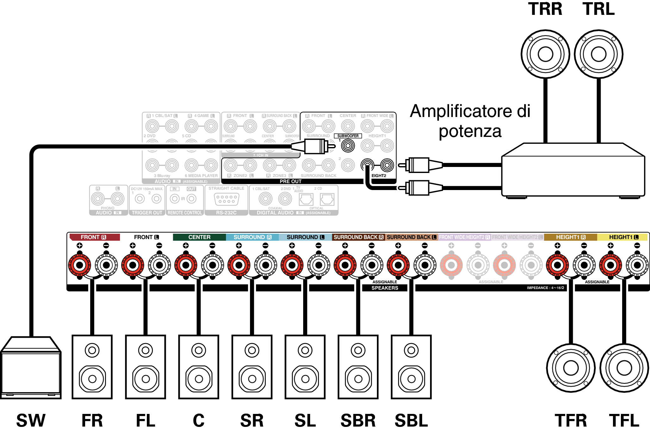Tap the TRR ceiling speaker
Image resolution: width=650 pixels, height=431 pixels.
point(545,54)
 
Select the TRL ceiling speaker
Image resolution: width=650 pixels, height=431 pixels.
point(598,54)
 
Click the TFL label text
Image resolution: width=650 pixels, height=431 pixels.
point(624,421)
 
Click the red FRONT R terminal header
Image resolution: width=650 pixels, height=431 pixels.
point(94,237)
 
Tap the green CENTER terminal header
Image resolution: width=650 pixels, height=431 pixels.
point(199,237)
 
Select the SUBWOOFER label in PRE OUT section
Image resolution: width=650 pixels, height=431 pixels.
point(348,136)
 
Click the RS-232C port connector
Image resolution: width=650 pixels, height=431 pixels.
point(226,199)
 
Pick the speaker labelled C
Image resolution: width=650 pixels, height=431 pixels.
point(199,367)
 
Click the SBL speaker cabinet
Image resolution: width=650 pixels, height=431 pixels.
point(411,367)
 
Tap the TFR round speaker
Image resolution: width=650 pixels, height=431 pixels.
point(571,368)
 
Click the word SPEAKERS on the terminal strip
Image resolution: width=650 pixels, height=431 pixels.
point(385,288)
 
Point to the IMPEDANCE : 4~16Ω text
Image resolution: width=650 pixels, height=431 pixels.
point(545,288)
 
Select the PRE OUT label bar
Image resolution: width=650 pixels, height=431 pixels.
point(291,182)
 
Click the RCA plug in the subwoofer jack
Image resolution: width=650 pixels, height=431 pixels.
point(313,146)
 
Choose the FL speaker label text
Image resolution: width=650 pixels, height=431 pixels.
point(146,421)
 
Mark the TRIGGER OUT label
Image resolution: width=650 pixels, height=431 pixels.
point(147,213)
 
